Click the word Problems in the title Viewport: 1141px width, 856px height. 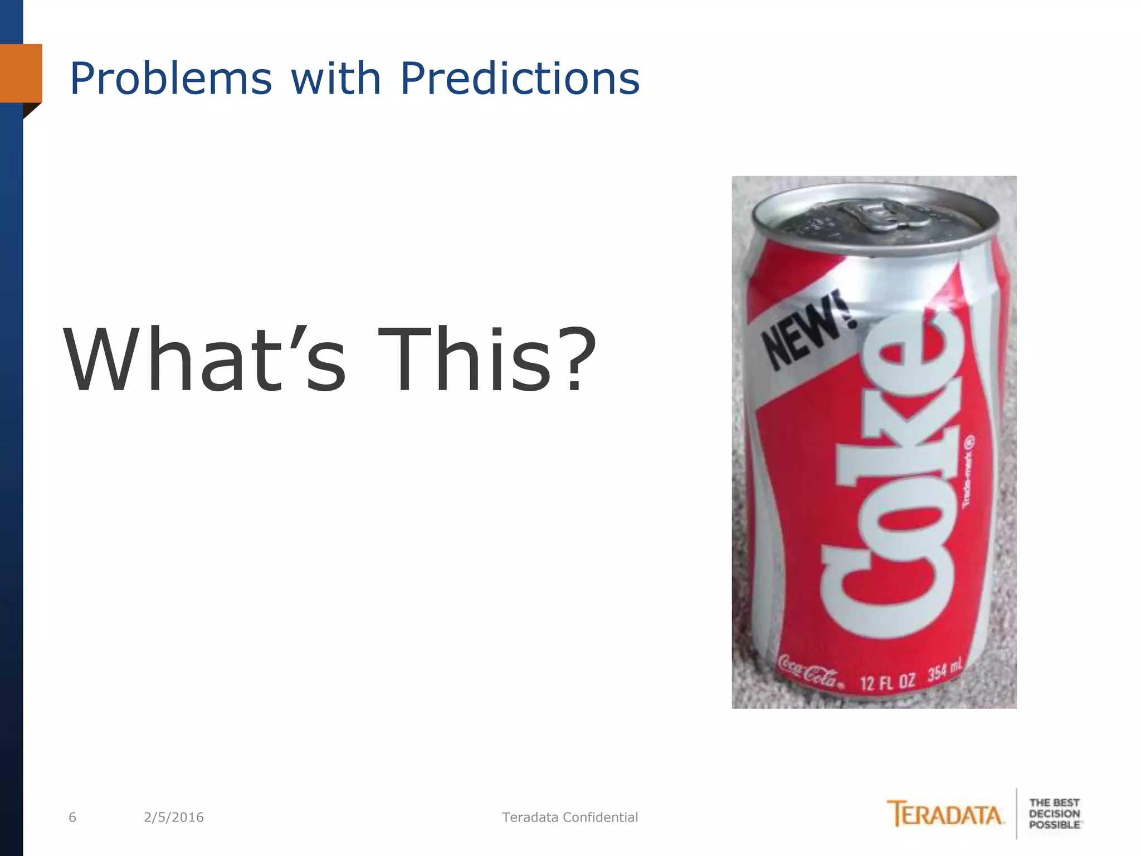coord(170,79)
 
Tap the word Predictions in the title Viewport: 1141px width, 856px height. coord(520,78)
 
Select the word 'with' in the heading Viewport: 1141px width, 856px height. coord(335,78)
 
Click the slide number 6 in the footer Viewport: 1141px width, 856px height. coord(72,818)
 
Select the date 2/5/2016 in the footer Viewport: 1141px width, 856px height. coord(174,818)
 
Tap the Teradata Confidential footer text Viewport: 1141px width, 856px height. coord(570,818)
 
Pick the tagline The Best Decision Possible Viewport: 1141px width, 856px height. coord(1054,814)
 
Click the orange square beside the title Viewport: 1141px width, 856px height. coord(21,73)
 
